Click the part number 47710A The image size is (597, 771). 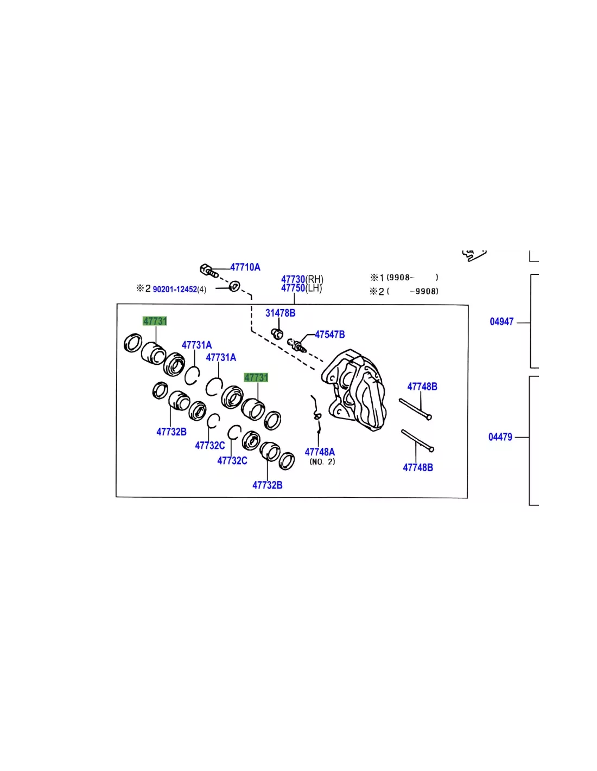pyautogui.click(x=245, y=267)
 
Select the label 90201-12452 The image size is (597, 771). pyautogui.click(x=175, y=289)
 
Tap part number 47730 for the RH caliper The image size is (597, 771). pyautogui.click(x=293, y=279)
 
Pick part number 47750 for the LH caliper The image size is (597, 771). pyautogui.click(x=293, y=288)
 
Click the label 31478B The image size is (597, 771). pyautogui.click(x=280, y=313)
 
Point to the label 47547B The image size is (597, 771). pyautogui.click(x=329, y=334)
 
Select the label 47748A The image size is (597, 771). pyautogui.click(x=320, y=452)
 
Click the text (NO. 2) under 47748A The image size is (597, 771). pyautogui.click(x=322, y=461)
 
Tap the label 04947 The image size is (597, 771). pyautogui.click(x=501, y=322)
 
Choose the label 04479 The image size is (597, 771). pyautogui.click(x=500, y=437)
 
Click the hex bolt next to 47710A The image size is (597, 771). pyautogui.click(x=209, y=271)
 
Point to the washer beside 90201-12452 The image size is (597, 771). pyautogui.click(x=234, y=286)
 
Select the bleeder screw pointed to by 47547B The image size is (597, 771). pyautogui.click(x=296, y=345)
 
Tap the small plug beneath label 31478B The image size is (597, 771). pyautogui.click(x=277, y=333)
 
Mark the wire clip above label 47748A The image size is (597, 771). pyautogui.click(x=317, y=414)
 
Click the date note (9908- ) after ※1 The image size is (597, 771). pyautogui.click(x=412, y=278)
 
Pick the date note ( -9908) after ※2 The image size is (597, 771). pyautogui.click(x=412, y=291)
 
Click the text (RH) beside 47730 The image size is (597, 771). pyautogui.click(x=314, y=279)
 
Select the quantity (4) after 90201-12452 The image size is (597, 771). pyautogui.click(x=202, y=289)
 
